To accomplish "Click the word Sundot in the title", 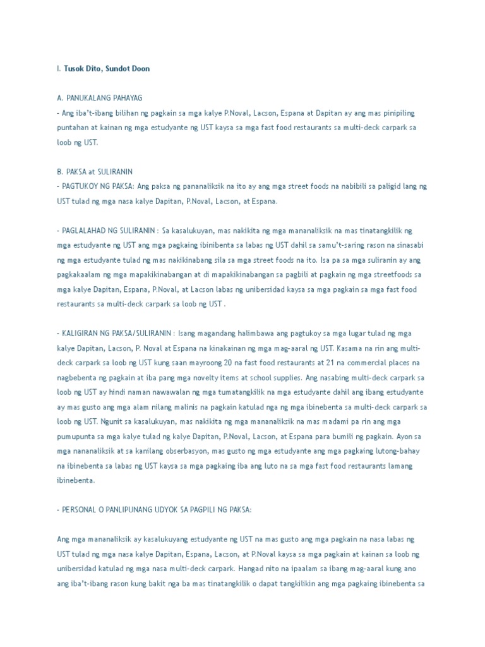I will coord(114,68).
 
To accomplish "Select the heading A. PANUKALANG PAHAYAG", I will coord(100,98).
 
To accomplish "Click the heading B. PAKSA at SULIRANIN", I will coord(95,171).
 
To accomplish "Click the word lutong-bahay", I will coord(400,450).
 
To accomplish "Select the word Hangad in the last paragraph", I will coord(251,568).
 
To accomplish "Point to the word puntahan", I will coord(71,128).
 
